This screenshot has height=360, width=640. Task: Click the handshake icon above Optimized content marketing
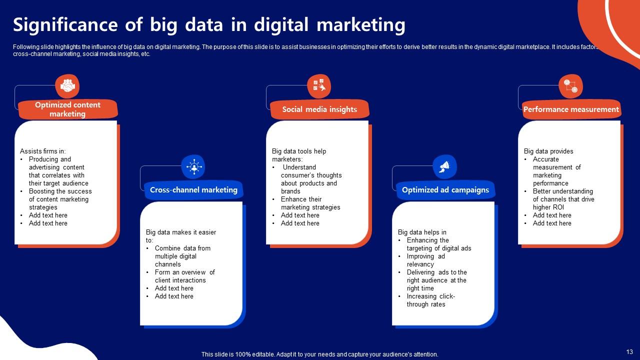point(67,86)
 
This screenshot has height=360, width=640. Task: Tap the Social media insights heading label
point(319,109)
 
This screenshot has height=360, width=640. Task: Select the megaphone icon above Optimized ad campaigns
point(444,166)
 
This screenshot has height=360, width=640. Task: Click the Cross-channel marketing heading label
point(193,190)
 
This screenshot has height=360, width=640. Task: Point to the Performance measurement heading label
point(571,109)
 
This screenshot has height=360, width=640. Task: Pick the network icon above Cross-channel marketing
point(193,166)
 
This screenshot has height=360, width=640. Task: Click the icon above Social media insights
point(318,86)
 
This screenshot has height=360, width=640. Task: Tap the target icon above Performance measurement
point(570,86)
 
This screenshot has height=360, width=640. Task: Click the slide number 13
point(629,351)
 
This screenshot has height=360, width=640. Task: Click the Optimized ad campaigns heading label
point(445,190)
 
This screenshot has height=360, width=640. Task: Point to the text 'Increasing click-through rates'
point(430,300)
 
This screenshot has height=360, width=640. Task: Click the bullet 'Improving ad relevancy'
point(425,260)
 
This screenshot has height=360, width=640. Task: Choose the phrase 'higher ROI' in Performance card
point(548,207)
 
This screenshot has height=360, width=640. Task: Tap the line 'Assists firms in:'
point(43,151)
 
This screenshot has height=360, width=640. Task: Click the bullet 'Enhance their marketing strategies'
point(310,203)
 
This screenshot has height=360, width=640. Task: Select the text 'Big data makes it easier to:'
point(181,236)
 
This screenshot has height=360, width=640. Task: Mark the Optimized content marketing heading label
point(67,109)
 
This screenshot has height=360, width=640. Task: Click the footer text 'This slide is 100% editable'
point(319,354)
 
